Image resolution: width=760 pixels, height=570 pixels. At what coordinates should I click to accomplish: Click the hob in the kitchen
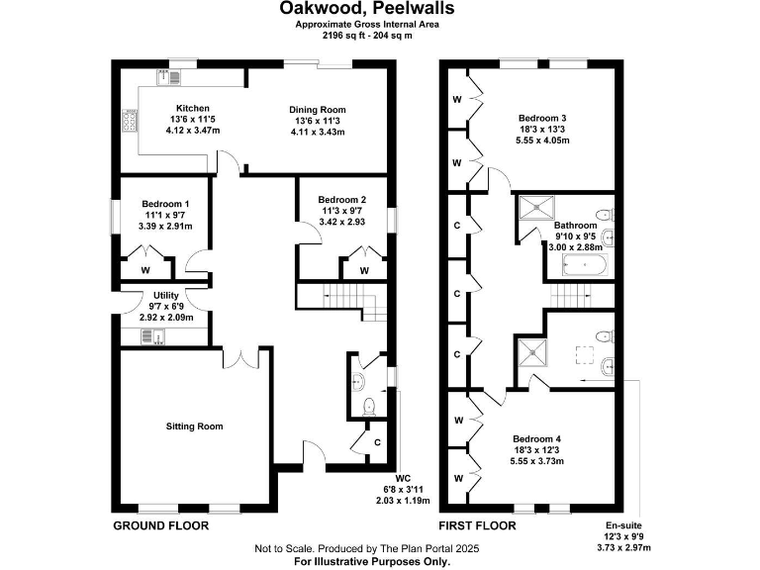coord(129,120)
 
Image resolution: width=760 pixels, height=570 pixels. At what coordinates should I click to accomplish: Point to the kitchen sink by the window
coord(160,76)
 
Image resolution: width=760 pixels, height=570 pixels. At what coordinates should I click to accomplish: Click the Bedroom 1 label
coord(165,204)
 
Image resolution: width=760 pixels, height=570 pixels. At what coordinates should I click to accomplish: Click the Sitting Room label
coord(194,427)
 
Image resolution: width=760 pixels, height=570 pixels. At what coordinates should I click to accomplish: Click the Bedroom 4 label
coord(537,438)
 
